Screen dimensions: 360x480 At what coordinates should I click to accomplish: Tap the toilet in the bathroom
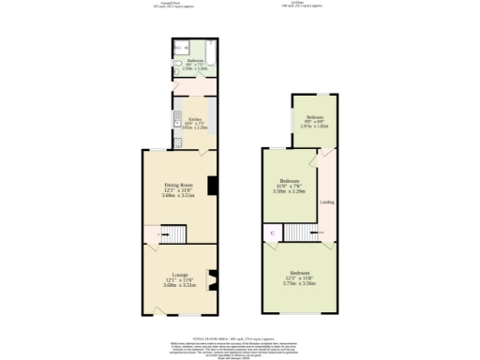(x=177, y=64)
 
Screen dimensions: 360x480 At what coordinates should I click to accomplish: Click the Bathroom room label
(x=194, y=61)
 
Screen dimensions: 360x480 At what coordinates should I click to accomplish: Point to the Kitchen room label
(x=194, y=120)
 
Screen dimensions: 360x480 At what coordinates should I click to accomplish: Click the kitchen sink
(x=176, y=120)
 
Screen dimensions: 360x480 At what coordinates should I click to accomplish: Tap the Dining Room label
(x=178, y=185)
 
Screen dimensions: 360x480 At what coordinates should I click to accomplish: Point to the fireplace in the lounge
(x=211, y=278)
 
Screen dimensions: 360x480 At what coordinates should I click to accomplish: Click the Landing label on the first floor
(x=327, y=202)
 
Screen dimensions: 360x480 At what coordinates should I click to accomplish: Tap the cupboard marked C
(x=273, y=232)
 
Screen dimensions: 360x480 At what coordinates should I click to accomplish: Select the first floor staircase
(x=299, y=232)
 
